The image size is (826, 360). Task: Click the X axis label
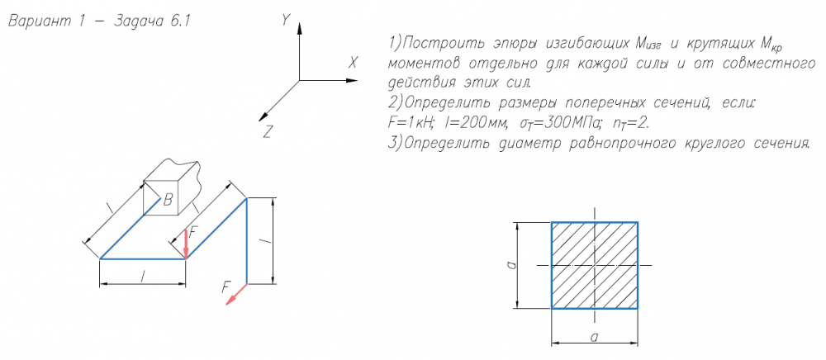[353, 63]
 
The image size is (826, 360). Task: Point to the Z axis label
[267, 130]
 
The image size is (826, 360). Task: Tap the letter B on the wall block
[168, 199]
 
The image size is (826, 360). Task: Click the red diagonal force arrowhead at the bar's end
[233, 298]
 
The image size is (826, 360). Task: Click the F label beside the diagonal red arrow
[225, 287]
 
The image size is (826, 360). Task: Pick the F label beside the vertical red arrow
[193, 232]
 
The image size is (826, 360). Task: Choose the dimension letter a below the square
[594, 335]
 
